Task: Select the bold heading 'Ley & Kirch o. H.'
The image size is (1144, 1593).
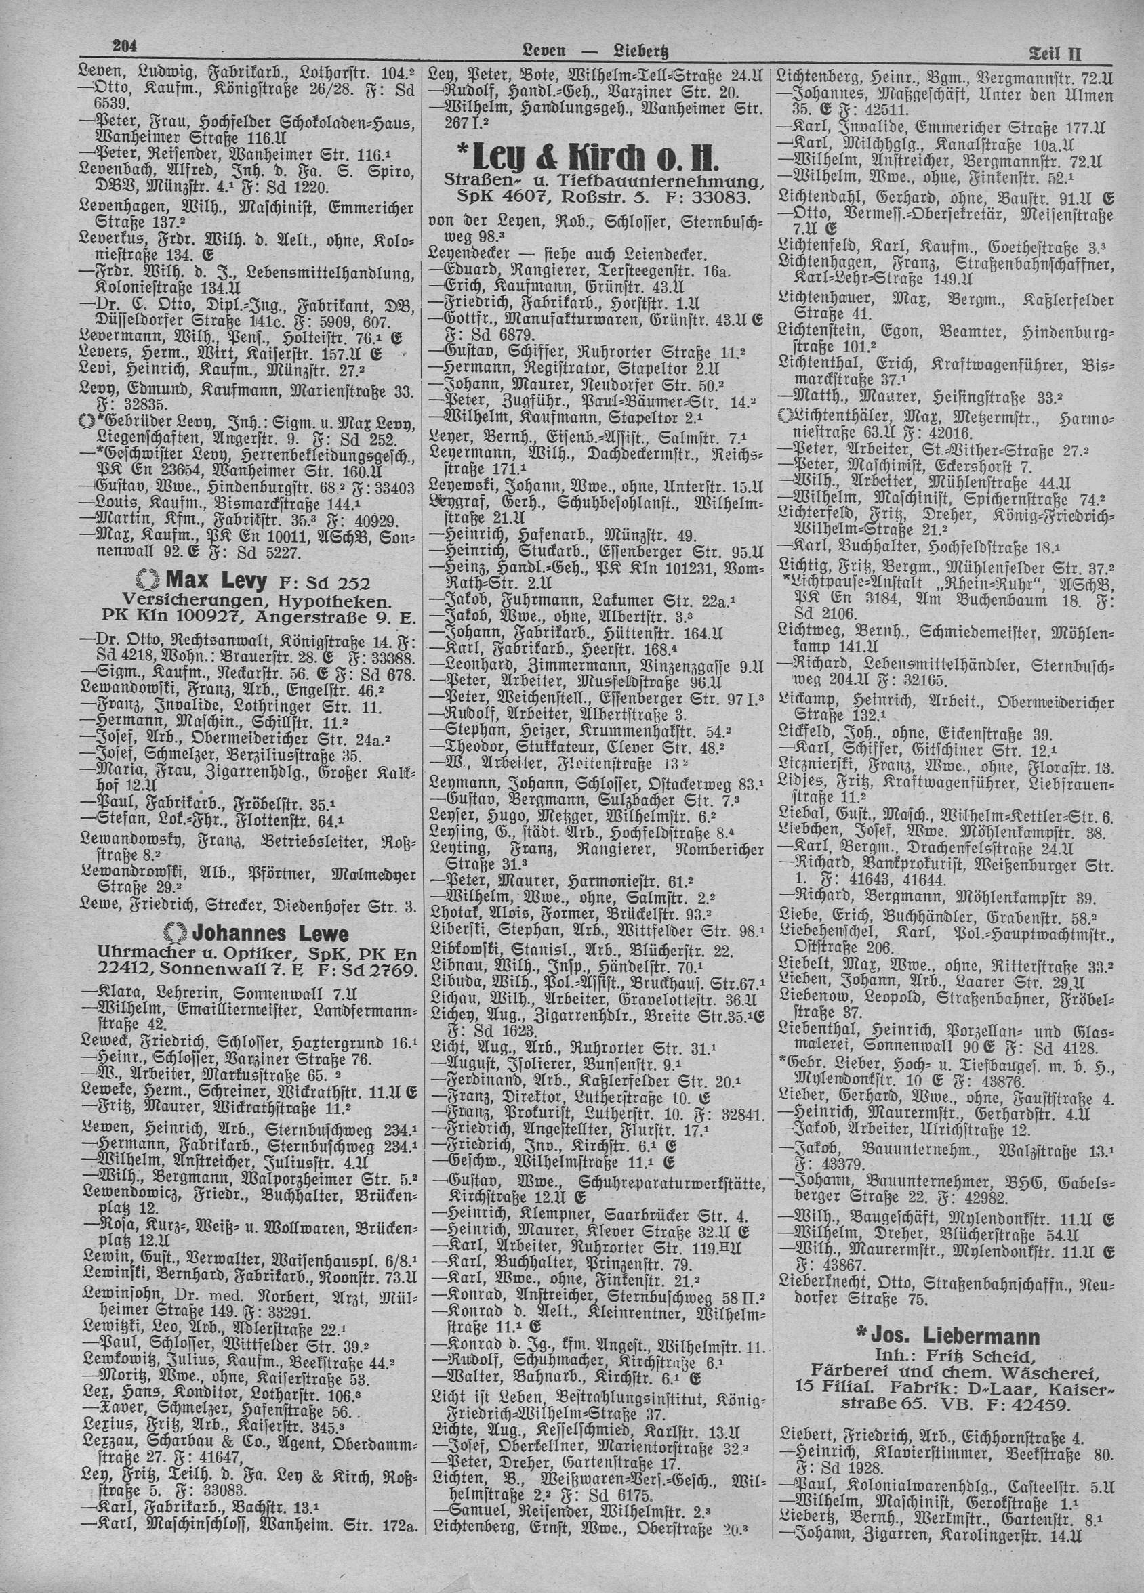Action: click(x=592, y=151)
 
